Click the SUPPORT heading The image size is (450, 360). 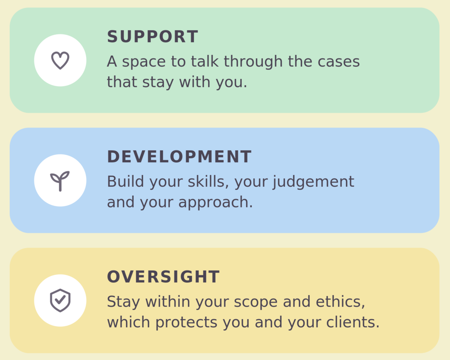click(152, 37)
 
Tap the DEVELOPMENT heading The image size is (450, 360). click(179, 157)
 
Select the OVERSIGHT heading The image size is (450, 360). click(163, 277)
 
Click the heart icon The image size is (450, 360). click(60, 60)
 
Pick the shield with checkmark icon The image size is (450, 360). click(60, 300)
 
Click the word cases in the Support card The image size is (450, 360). click(338, 62)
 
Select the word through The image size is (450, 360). click(253, 62)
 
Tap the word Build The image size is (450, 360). click(125, 181)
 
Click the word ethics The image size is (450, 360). click(340, 302)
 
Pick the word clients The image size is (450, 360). click(353, 322)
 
